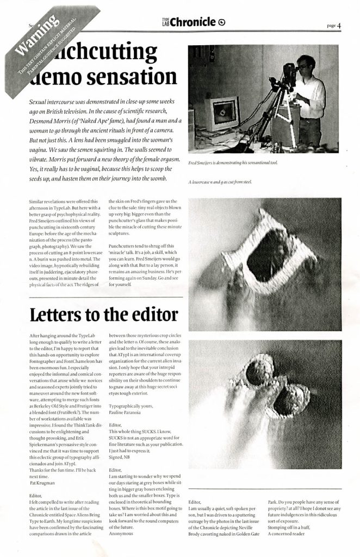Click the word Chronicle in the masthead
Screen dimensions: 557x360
pyautogui.click(x=194, y=22)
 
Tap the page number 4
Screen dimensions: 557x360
pyautogui.click(x=339, y=25)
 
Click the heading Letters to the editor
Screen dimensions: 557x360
pyautogui.click(x=103, y=314)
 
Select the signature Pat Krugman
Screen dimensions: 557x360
pyautogui.click(x=44, y=482)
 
